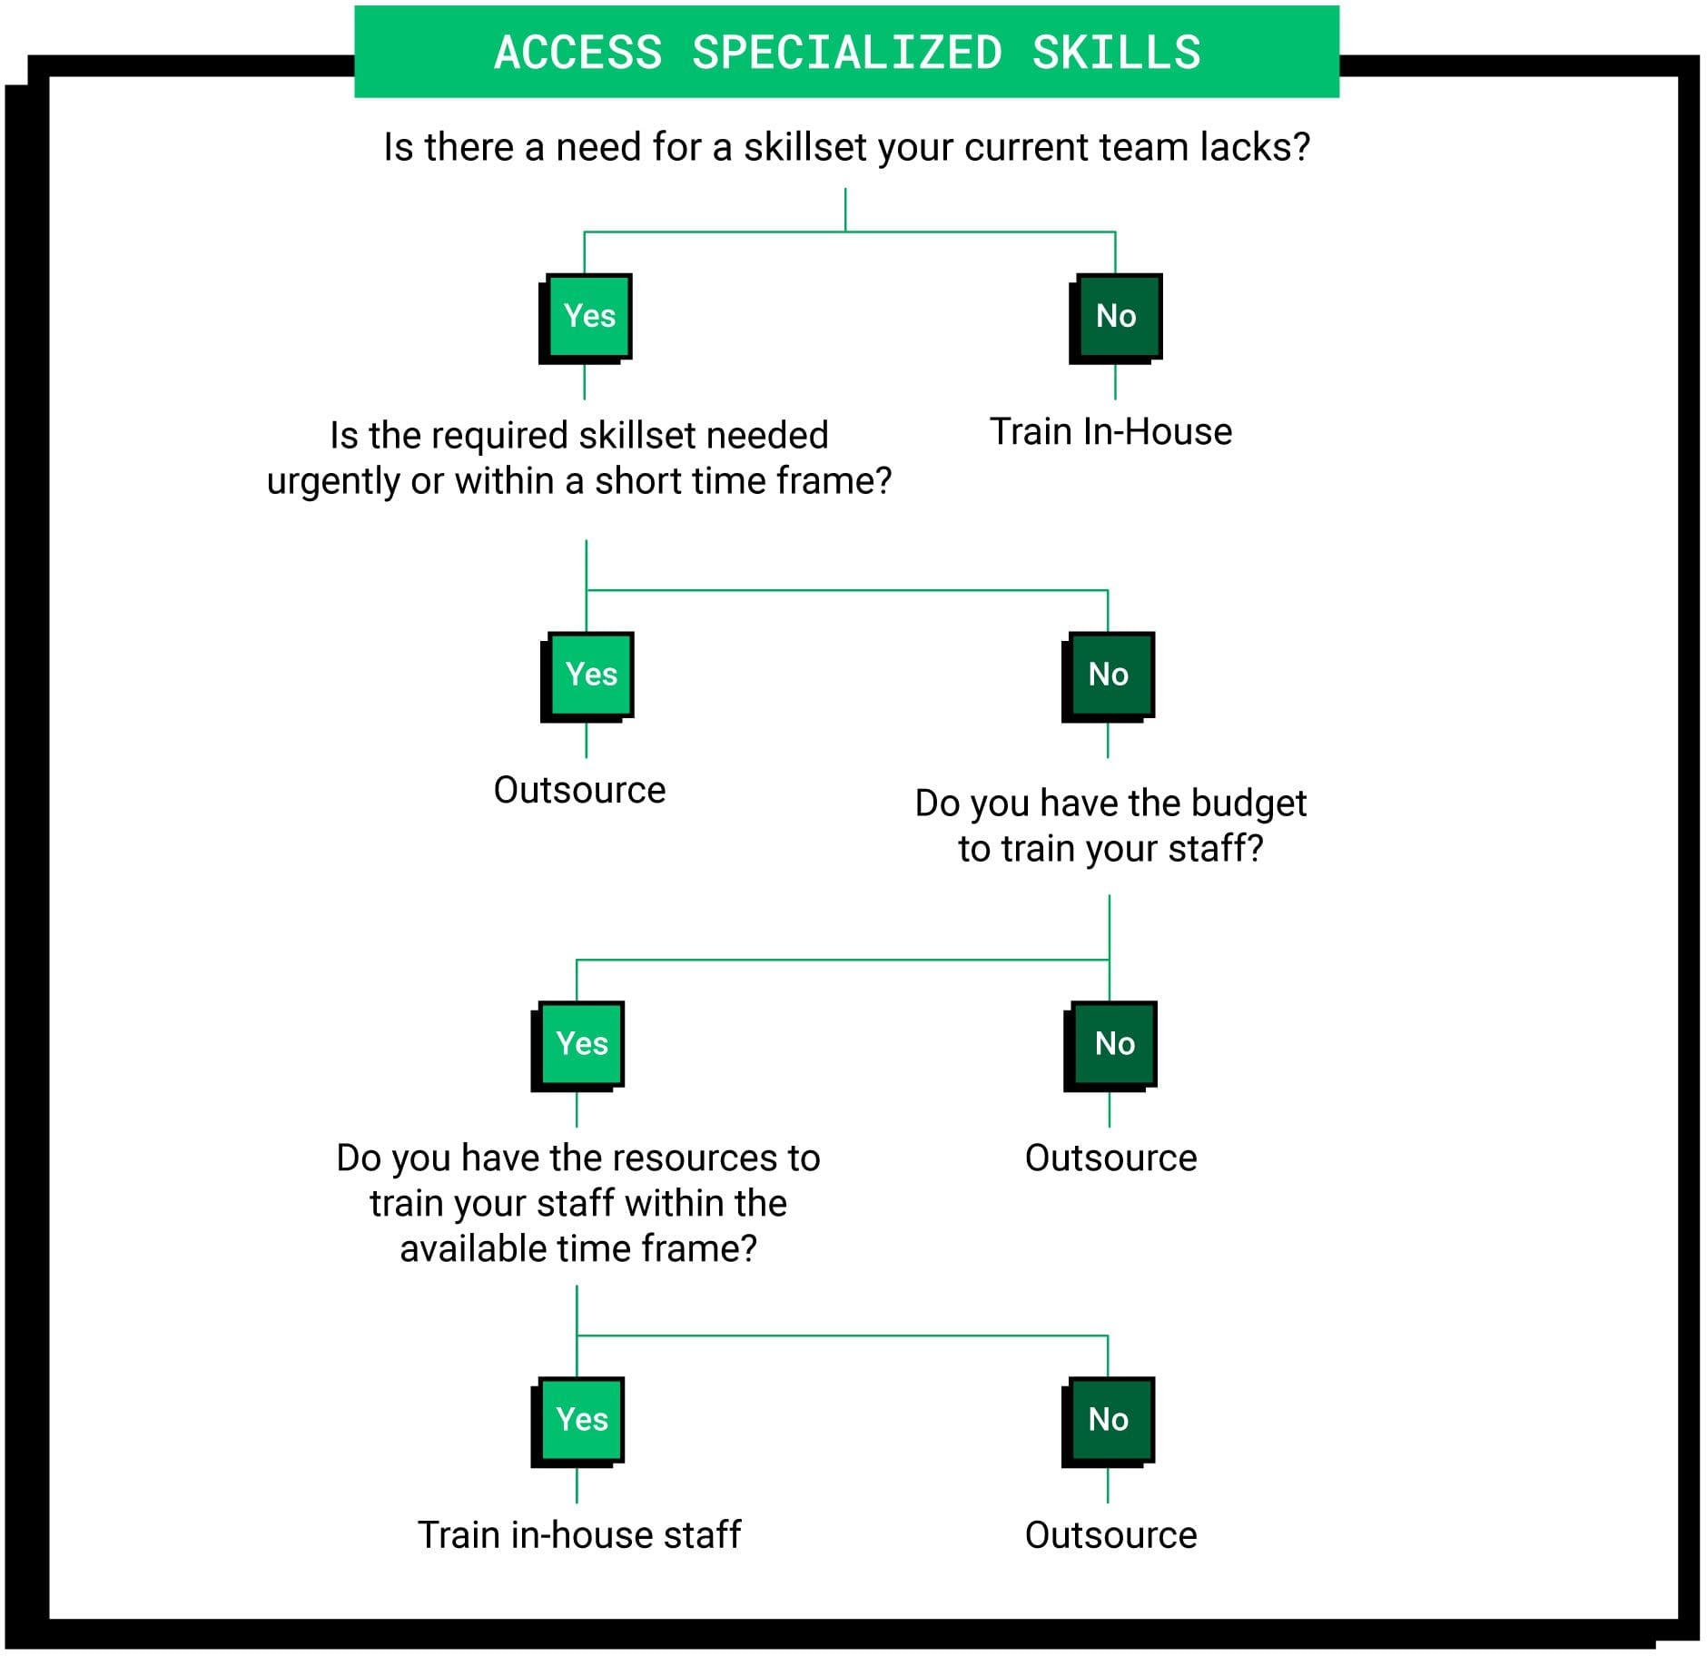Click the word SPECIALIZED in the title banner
pyautogui.click(x=847, y=53)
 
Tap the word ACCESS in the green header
pyautogui.click(x=578, y=53)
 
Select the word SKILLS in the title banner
pyautogui.click(x=1116, y=53)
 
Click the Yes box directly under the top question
pyautogui.click(x=589, y=316)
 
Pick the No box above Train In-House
pyautogui.click(x=1116, y=316)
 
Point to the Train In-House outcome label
pyautogui.click(x=1110, y=432)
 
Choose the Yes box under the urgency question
pyautogui.click(x=591, y=675)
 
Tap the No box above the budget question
pyautogui.click(x=1109, y=675)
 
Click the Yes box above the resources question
pyautogui.click(x=582, y=1044)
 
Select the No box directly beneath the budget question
pyautogui.click(x=1114, y=1044)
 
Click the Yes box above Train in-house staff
pyautogui.click(x=582, y=1420)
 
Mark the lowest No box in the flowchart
pyautogui.click(x=1109, y=1420)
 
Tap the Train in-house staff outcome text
pyautogui.click(x=579, y=1535)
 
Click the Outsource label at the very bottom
pyautogui.click(x=1110, y=1535)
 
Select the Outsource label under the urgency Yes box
pyautogui.click(x=579, y=790)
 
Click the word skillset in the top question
pyautogui.click(x=804, y=147)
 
